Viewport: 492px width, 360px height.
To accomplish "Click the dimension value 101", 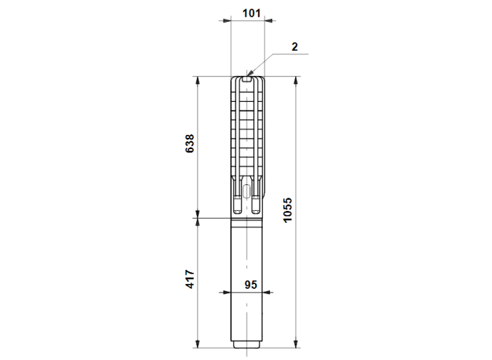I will [247, 12].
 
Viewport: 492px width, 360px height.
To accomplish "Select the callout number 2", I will [294, 46].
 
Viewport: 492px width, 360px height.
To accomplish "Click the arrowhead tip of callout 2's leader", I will [249, 74].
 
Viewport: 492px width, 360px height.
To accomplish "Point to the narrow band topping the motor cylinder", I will [247, 221].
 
